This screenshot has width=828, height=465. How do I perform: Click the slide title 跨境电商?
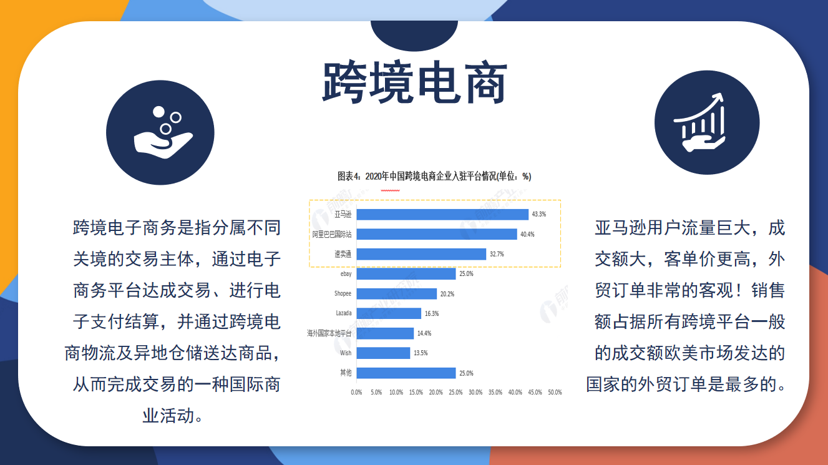pyautogui.click(x=414, y=82)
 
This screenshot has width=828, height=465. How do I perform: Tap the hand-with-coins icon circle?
pyautogui.click(x=160, y=133)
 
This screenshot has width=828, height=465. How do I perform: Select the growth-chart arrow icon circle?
pyautogui.click(x=707, y=122)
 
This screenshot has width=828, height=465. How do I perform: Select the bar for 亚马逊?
pyautogui.click(x=442, y=214)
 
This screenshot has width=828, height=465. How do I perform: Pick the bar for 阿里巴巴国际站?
pyautogui.click(x=437, y=234)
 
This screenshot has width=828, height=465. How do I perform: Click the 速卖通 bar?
pyautogui.click(x=421, y=254)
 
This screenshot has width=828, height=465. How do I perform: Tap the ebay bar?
pyautogui.click(x=406, y=274)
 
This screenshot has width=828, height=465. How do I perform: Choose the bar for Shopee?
pyautogui.click(x=397, y=294)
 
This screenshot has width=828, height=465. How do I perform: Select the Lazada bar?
pyautogui.click(x=389, y=313)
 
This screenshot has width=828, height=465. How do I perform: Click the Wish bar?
pyautogui.click(x=383, y=353)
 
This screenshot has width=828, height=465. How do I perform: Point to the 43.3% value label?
pyautogui.click(x=539, y=214)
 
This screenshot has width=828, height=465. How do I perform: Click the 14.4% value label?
pyautogui.click(x=424, y=333)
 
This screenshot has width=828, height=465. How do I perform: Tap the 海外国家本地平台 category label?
pyautogui.click(x=329, y=333)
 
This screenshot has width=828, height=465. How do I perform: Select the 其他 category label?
pyautogui.click(x=346, y=373)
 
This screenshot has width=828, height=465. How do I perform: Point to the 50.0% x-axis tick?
pyautogui.click(x=555, y=392)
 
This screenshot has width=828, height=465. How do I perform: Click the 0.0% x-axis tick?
pyautogui.click(x=356, y=392)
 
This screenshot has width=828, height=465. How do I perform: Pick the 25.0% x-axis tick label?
pyautogui.click(x=455, y=392)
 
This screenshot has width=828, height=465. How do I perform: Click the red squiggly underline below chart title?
pyautogui.click(x=391, y=190)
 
